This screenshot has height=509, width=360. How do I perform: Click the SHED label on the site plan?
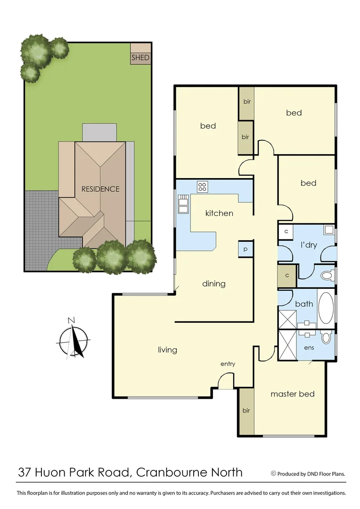(x=140, y=58)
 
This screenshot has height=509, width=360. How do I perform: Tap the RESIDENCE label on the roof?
(x=100, y=189)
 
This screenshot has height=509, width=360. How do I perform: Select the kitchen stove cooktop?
(x=203, y=186)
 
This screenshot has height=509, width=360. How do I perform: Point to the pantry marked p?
(x=245, y=248)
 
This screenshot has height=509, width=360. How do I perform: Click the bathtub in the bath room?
(x=326, y=308)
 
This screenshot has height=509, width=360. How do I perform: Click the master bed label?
(x=292, y=394)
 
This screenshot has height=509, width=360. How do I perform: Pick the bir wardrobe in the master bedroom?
(x=246, y=411)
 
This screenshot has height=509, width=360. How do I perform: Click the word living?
(x=167, y=350)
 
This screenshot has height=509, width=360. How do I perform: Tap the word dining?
(x=213, y=284)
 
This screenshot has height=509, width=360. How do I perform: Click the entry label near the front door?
(x=228, y=364)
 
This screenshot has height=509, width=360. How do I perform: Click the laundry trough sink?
(x=329, y=230)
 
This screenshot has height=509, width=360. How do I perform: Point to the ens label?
(x=309, y=348)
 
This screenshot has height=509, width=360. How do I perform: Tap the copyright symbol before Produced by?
(x=273, y=473)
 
